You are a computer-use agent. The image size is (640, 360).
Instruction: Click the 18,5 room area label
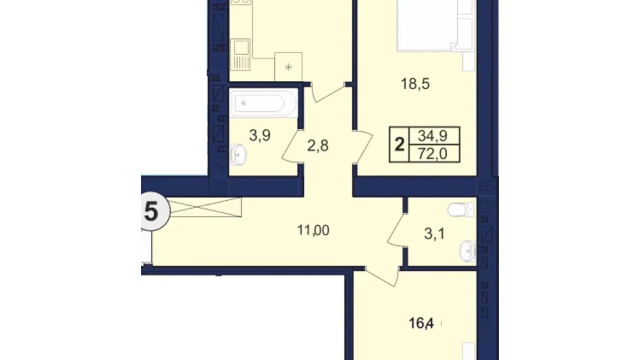(415, 84)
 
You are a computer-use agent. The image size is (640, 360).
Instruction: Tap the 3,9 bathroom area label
(259, 136)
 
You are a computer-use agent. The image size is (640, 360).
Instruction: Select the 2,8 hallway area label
(318, 146)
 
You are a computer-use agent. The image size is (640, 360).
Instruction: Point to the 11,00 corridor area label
(313, 230)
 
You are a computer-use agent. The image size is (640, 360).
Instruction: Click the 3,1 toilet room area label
(434, 234)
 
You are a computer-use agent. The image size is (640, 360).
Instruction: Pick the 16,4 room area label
(421, 323)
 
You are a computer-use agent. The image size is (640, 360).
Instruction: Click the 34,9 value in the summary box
(432, 136)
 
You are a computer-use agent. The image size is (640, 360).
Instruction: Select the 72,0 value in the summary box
(432, 153)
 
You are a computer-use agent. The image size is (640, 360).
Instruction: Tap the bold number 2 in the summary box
(399, 144)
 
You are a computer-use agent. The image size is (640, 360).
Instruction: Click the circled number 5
(152, 211)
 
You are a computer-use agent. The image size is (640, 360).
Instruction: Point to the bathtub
(263, 103)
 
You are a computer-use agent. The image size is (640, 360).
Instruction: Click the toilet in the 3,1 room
(461, 209)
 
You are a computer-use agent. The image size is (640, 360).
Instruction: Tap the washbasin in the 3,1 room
(468, 250)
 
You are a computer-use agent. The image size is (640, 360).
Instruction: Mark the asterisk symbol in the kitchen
(288, 67)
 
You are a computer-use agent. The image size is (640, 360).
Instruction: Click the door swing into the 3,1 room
(396, 230)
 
